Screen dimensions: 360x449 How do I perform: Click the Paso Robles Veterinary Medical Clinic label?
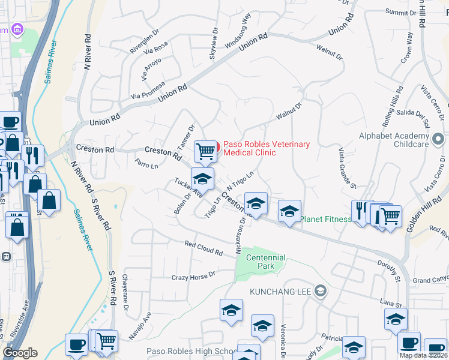(267, 148)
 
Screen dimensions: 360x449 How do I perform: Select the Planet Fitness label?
(326, 219)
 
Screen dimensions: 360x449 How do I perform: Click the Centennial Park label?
(265, 262)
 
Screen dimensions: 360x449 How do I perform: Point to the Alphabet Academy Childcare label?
(403, 140)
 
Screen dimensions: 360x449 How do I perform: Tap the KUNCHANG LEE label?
(280, 292)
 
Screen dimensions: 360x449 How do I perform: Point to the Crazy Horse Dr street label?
(193, 275)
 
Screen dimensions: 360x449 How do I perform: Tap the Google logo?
(20, 353)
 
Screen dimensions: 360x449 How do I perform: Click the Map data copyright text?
(423, 355)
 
